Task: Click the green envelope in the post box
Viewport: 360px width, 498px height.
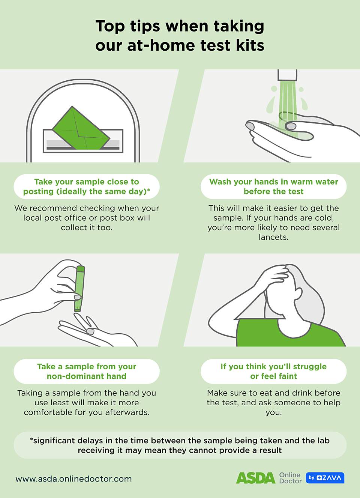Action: click(81, 128)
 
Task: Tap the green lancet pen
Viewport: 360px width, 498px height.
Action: click(79, 289)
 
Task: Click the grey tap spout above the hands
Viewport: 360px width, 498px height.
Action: click(287, 75)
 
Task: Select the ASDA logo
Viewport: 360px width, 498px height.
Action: click(255, 478)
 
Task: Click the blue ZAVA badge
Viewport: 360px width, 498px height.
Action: click(325, 478)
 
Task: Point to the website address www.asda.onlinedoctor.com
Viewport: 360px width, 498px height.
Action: click(73, 478)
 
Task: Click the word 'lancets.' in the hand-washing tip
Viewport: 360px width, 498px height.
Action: click(273, 237)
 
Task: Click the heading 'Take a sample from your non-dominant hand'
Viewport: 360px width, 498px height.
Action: click(87, 371)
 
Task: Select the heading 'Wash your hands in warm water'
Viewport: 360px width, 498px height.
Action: click(273, 182)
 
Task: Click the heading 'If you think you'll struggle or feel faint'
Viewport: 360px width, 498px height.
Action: click(273, 371)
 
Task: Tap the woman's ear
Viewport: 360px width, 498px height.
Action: click(299, 293)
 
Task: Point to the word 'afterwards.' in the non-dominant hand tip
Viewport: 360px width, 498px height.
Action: click(127, 412)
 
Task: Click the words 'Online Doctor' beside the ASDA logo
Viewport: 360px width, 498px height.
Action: click(290, 478)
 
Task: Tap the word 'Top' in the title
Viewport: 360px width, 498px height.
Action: click(110, 26)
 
